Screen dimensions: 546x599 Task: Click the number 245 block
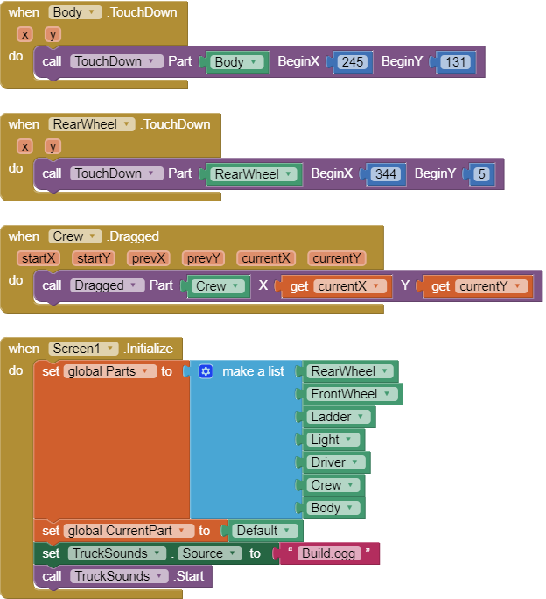click(353, 62)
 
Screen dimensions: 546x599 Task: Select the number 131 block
click(456, 62)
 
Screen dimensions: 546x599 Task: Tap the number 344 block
click(386, 174)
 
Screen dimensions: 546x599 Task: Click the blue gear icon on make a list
click(206, 371)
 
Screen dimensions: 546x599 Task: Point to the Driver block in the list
click(338, 462)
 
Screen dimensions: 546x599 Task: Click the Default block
click(266, 531)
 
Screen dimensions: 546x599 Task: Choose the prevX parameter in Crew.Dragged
click(150, 258)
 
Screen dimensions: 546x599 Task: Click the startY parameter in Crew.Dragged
click(93, 258)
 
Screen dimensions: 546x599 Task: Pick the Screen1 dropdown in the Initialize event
click(84, 349)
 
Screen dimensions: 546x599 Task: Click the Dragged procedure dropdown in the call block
click(108, 285)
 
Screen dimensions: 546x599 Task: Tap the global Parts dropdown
click(109, 371)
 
